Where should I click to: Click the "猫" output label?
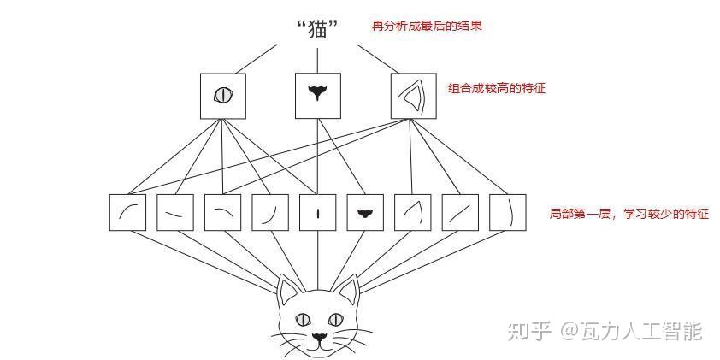[318, 30]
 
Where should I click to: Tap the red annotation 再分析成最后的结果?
[427, 26]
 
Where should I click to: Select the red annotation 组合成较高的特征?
[497, 88]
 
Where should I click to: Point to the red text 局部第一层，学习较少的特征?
[629, 214]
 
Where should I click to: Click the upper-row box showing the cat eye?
[222, 96]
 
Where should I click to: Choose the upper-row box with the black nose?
[318, 96]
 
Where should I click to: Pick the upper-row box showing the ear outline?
[413, 96]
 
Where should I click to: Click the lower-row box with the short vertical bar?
[318, 212]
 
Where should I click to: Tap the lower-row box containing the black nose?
[365, 212]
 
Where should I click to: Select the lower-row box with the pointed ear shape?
[413, 212]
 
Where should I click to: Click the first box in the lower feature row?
[127, 212]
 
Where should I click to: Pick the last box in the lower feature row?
[508, 212]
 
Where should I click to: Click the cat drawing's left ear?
[288, 290]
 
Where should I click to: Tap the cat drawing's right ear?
[348, 290]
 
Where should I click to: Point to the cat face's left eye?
[303, 320]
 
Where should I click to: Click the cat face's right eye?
[336, 319]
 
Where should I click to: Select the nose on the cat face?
[320, 338]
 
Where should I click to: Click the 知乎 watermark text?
[529, 332]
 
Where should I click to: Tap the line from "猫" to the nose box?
[318, 61]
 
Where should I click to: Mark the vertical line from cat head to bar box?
[318, 260]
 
